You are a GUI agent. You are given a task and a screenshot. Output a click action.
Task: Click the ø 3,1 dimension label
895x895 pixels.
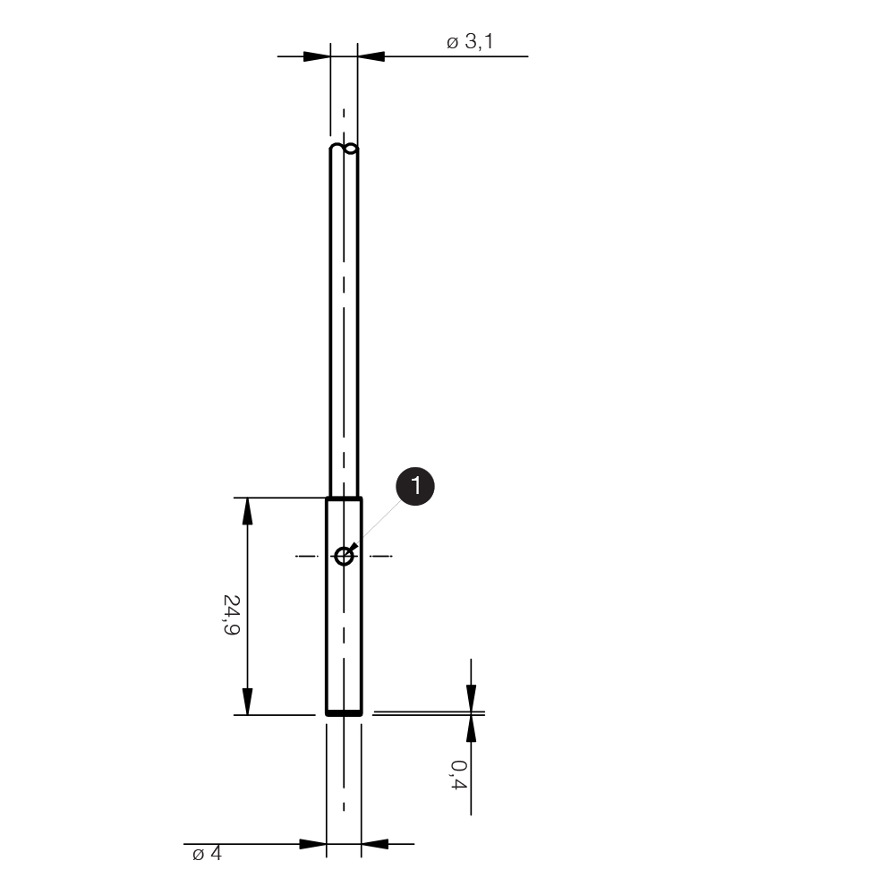pyautogui.click(x=470, y=42)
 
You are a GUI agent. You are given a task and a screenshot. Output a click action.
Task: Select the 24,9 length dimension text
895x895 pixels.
pyautogui.click(x=231, y=615)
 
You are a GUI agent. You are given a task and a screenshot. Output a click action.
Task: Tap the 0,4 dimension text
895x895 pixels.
pyautogui.click(x=458, y=774)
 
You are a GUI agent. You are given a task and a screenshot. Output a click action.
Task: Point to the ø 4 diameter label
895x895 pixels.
pyautogui.click(x=207, y=853)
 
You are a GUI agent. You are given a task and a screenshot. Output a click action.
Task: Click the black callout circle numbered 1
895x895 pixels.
pyautogui.click(x=415, y=486)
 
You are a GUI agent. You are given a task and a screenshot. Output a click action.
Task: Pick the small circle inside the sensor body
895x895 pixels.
pyautogui.click(x=344, y=556)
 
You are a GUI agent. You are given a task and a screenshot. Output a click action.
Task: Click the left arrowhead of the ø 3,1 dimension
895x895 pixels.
pyautogui.click(x=317, y=56)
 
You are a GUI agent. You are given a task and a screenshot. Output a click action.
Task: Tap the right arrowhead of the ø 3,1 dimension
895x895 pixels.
pyautogui.click(x=371, y=56)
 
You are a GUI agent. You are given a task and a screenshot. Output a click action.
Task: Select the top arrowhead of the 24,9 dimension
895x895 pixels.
pyautogui.click(x=247, y=511)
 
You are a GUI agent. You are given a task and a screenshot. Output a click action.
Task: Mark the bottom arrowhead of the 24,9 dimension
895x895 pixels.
pyautogui.click(x=247, y=701)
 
